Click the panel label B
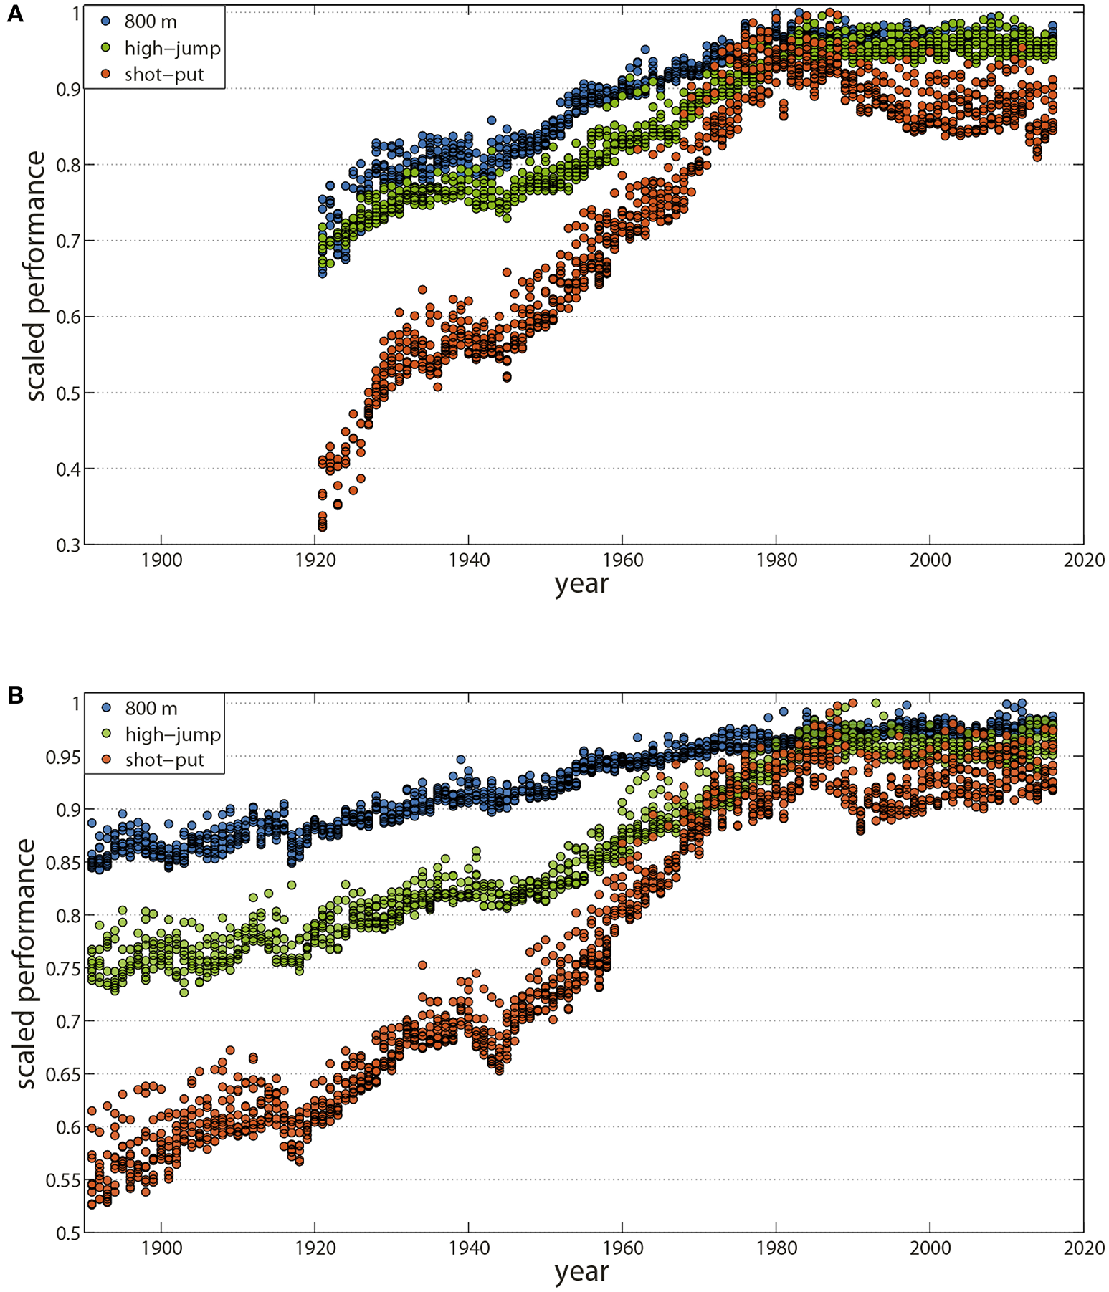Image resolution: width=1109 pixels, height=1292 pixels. pos(14,694)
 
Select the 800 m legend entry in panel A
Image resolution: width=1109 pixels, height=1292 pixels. pos(150,21)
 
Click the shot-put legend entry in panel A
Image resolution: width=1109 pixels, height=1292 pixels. pos(164,75)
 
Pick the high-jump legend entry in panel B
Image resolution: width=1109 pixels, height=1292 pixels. pos(172,734)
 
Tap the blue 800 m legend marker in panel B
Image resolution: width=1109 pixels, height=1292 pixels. pos(107,708)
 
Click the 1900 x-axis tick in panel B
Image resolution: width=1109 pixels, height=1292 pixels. pos(161,1248)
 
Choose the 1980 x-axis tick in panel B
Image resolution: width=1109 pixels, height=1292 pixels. pos(776,1248)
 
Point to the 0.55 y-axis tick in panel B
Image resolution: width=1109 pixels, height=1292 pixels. pos(63,1180)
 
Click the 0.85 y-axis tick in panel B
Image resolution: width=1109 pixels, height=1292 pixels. pos(63,863)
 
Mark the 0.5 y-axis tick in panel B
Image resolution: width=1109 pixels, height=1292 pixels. pos(68,1233)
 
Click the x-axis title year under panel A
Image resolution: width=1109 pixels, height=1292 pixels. pos(581,584)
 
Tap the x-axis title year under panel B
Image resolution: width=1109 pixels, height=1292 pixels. pos(581,1272)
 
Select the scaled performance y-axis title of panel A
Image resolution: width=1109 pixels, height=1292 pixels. pos(34,276)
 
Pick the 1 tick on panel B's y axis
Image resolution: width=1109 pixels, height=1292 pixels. pos(76,704)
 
